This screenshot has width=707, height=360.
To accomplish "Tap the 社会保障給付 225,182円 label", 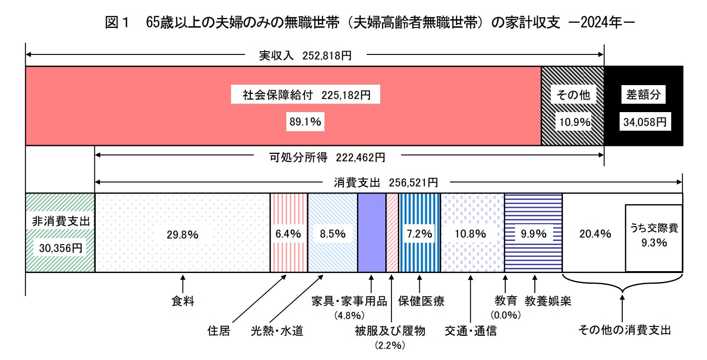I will coord(306,95).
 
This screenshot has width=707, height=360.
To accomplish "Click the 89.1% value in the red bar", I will coord(306,122).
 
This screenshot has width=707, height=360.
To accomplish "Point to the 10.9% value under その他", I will coord(573,122).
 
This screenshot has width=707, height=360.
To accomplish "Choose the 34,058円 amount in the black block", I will coord(643,122).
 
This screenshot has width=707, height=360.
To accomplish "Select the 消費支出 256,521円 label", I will coord(385,182).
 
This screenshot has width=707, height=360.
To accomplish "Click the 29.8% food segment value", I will coord(182,234).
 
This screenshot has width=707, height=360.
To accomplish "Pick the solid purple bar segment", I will coord(371,233).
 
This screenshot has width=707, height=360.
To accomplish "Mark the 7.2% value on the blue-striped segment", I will coord(419,234).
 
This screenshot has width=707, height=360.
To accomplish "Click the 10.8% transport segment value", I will coord(472,234).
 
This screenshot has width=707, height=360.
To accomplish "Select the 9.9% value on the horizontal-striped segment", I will coord(533,234).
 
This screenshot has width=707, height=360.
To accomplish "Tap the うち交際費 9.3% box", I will coord(654,237).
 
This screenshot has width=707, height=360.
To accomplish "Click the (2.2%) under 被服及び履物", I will coord(390,346).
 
